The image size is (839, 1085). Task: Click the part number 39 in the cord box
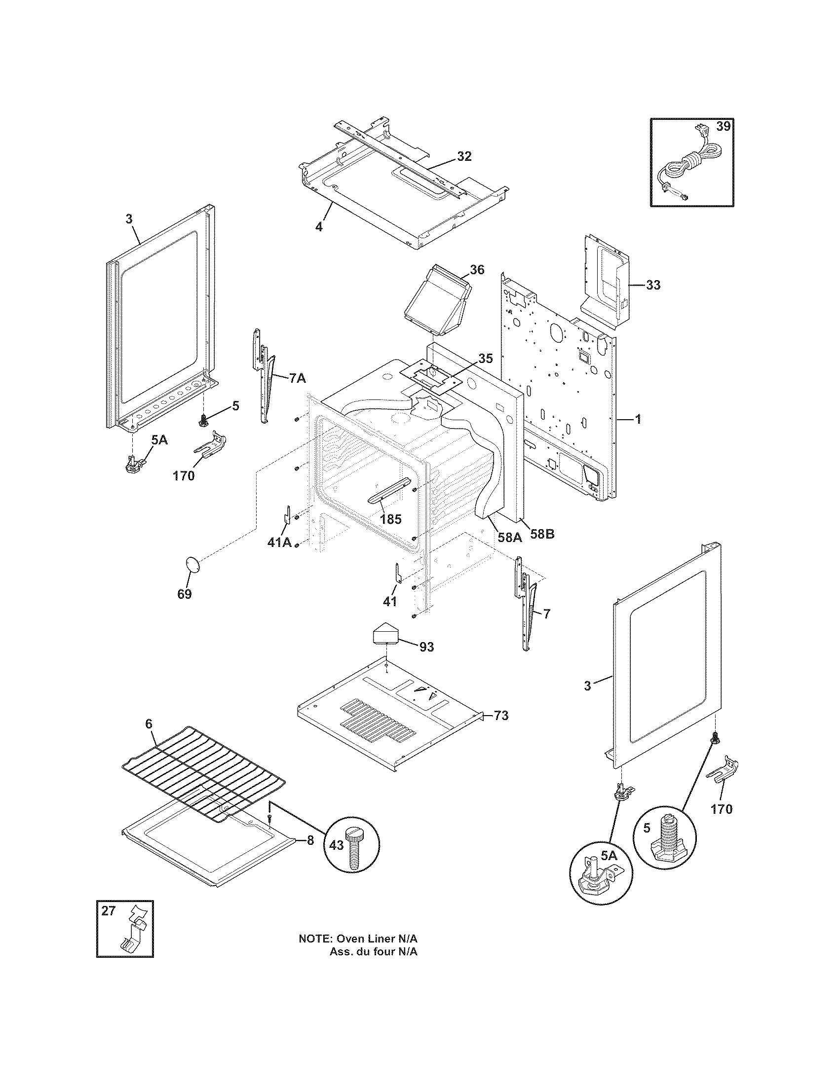[723, 126]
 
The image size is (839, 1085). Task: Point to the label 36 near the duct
[477, 270]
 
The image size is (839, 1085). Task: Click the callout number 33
[653, 285]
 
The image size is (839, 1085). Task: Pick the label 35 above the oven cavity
[486, 359]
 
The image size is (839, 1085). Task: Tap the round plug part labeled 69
[192, 565]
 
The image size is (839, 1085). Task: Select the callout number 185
[390, 520]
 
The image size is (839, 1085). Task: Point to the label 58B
[542, 535]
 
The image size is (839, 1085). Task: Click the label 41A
[279, 543]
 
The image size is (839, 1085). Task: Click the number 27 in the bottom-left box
[109, 911]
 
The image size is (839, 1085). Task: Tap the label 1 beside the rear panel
[638, 420]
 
